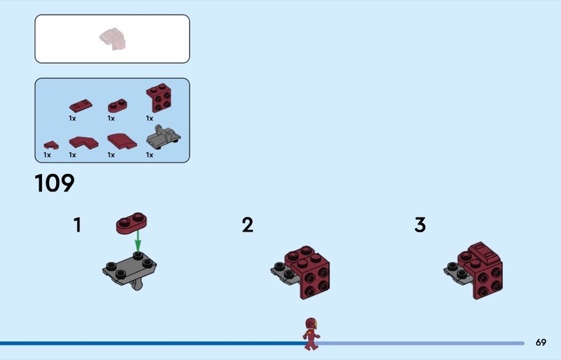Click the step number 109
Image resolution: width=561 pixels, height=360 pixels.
(55, 183)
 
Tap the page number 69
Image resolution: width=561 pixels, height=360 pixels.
(541, 342)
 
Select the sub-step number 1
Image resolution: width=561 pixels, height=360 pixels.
(77, 225)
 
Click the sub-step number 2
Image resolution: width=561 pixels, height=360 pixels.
(248, 225)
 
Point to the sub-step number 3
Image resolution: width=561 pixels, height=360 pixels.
(420, 225)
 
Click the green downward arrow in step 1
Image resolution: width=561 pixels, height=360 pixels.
(137, 241)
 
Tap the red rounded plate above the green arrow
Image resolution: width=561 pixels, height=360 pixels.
(131, 222)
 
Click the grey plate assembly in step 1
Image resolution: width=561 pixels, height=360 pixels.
(130, 270)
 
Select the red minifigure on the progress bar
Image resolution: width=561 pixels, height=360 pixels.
(311, 334)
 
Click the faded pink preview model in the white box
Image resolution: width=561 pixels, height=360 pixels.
(113, 39)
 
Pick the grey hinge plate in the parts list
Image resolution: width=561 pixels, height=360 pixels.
(163, 137)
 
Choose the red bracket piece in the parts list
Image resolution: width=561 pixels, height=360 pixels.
(159, 98)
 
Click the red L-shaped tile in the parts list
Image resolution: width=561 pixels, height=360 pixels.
(83, 142)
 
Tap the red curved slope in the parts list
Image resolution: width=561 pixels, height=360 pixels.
(122, 142)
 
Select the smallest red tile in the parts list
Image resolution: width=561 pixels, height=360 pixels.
(51, 145)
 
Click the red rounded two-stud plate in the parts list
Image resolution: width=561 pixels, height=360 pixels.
(118, 106)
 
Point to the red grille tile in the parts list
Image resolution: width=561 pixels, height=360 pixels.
(81, 106)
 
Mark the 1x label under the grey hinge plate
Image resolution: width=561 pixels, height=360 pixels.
(149, 155)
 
